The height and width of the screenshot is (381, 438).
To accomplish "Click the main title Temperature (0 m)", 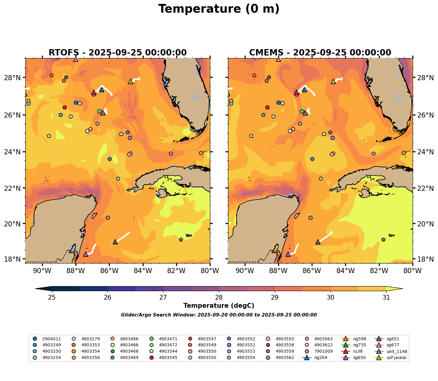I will click(x=219, y=9).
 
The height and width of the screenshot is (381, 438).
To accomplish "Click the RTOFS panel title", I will click(x=118, y=53).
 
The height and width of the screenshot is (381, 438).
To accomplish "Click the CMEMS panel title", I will click(x=320, y=53).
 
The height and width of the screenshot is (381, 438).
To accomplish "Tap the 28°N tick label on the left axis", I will click(x=14, y=78).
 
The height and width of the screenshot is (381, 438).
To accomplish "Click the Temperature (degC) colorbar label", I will click(x=219, y=306).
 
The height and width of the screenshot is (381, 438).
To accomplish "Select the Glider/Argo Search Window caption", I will click(x=219, y=315).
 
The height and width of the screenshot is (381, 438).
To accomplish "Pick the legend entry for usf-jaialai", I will click(x=391, y=358).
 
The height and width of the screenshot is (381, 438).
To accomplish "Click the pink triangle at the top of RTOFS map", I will click(x=76, y=59).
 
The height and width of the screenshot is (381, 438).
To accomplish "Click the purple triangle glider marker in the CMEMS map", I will click(x=288, y=254).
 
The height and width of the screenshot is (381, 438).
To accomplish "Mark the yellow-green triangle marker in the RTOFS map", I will click(x=131, y=81).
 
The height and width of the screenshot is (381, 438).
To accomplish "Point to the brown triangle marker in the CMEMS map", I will click(x=318, y=242).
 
